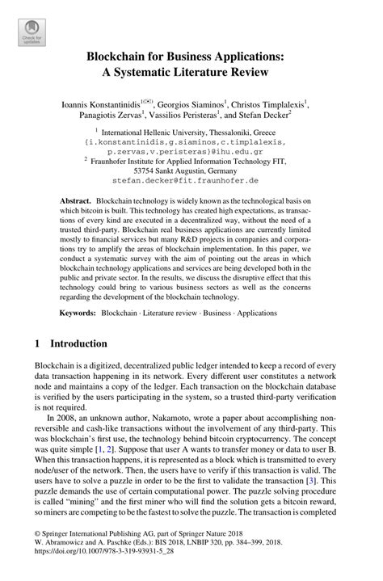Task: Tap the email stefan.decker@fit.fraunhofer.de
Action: (191, 182)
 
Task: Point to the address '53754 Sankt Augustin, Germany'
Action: (191, 171)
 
